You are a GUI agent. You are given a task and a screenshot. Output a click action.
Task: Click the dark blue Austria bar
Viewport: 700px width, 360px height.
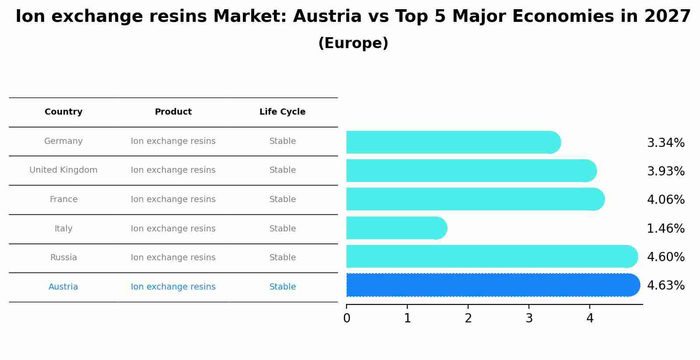pos(492,285)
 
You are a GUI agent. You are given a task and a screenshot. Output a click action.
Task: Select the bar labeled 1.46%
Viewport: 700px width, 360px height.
pos(396,228)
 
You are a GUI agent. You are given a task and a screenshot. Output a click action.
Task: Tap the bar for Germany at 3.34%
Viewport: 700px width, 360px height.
pos(453,142)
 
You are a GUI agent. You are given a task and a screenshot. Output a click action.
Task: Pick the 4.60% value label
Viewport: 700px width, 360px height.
pos(665,257)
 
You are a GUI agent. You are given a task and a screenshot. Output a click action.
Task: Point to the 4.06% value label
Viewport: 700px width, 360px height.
pos(665,200)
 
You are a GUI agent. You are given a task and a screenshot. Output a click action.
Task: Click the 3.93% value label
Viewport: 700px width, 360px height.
pos(665,171)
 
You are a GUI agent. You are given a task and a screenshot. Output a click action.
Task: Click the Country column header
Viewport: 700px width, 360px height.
pos(63,112)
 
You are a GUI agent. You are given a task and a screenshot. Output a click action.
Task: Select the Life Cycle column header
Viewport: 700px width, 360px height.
pos(282,112)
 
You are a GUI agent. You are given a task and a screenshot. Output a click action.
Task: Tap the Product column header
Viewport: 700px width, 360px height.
pos(173,112)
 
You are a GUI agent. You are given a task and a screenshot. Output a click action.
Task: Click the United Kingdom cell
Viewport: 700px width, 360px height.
pos(63,170)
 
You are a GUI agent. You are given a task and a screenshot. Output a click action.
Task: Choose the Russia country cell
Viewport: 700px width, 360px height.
pos(63,258)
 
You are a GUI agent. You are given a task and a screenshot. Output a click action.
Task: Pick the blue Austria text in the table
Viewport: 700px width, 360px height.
pos(63,287)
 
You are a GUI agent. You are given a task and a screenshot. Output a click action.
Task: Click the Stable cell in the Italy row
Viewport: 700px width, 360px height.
pos(283,229)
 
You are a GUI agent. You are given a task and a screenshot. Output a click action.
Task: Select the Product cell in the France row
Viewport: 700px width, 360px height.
pos(173,199)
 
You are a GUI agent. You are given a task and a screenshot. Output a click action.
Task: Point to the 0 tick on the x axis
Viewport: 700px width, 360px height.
pos(346,318)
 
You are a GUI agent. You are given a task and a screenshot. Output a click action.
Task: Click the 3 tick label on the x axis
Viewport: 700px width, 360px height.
pos(529,318)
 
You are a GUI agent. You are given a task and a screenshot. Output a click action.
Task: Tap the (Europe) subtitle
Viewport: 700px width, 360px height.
pos(353,43)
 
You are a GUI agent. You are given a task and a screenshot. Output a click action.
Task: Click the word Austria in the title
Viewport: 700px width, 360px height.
pos(327,17)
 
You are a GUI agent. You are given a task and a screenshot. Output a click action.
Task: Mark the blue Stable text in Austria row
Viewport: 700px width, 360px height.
pos(283,287)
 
